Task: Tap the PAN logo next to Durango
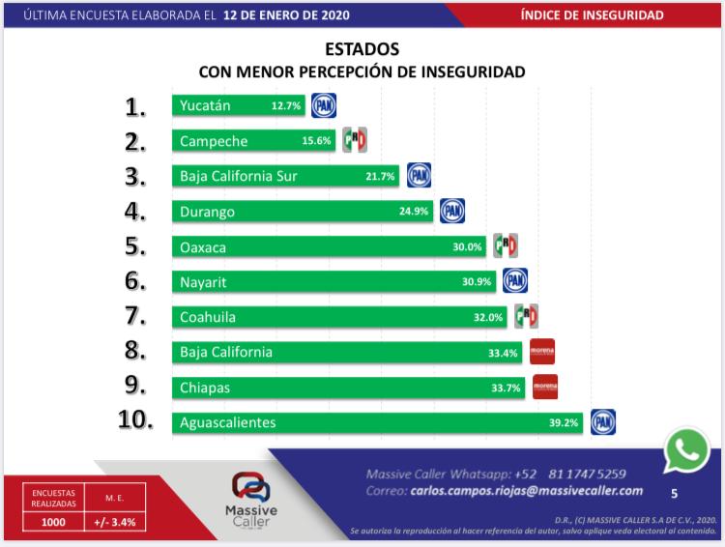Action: pyautogui.click(x=451, y=211)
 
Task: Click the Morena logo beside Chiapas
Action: pyautogui.click(x=545, y=387)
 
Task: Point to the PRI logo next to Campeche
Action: pyautogui.click(x=354, y=140)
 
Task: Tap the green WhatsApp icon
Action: pyautogui.click(x=687, y=449)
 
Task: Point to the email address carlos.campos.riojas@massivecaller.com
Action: pyautogui.click(x=526, y=491)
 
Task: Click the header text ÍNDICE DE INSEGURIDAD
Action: pyautogui.click(x=605, y=15)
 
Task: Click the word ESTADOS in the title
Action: pyautogui.click(x=362, y=49)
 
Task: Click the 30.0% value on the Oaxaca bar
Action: pyautogui.click(x=467, y=247)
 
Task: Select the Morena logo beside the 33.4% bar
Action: pyautogui.click(x=541, y=352)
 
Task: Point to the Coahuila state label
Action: pyautogui.click(x=208, y=317)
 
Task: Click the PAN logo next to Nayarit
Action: pyautogui.click(x=514, y=281)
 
